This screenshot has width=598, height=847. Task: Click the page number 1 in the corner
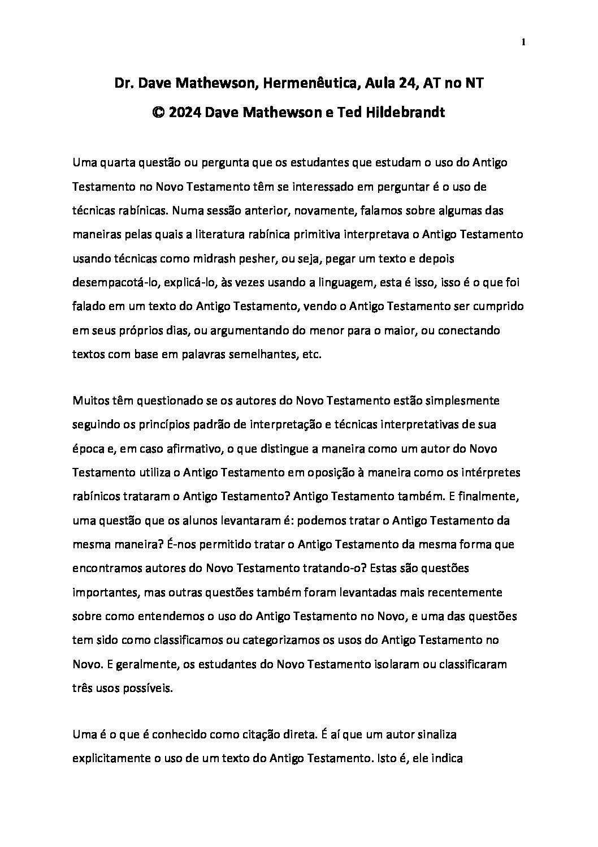524,41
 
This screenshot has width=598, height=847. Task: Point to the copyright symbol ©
158,112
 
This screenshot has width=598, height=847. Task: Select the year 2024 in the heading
185,112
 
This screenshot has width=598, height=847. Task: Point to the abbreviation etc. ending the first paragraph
310,355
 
